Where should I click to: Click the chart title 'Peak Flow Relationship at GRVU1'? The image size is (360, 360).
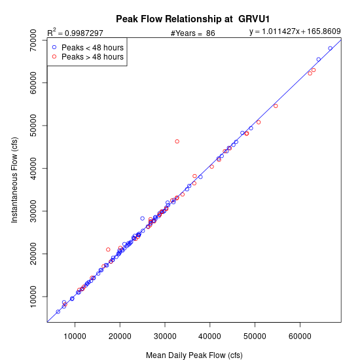(x=192, y=19)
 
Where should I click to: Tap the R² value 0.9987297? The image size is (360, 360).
(x=84, y=33)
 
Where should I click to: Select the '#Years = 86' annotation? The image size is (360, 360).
(x=193, y=33)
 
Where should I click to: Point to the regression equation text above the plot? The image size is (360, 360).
(x=295, y=31)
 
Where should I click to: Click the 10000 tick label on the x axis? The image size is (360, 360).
(x=75, y=336)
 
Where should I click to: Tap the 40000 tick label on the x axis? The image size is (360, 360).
(x=210, y=336)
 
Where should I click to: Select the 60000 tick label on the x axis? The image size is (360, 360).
(x=300, y=336)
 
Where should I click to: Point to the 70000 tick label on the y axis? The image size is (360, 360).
(x=33, y=41)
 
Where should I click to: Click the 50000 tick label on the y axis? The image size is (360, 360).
(x=33, y=126)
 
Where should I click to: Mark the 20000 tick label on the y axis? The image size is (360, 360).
(x=33, y=254)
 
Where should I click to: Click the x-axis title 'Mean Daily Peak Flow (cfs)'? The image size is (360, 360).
(x=194, y=355)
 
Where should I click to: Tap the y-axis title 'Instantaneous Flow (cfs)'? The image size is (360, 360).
(x=14, y=180)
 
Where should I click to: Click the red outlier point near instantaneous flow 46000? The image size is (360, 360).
(x=177, y=141)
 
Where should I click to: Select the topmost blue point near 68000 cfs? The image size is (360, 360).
(x=330, y=48)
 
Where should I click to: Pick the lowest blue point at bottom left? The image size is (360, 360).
(x=58, y=312)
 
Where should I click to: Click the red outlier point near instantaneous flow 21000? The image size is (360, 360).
(x=108, y=249)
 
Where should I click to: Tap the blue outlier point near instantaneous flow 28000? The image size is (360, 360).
(x=142, y=219)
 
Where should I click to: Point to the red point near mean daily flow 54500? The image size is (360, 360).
(x=276, y=106)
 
